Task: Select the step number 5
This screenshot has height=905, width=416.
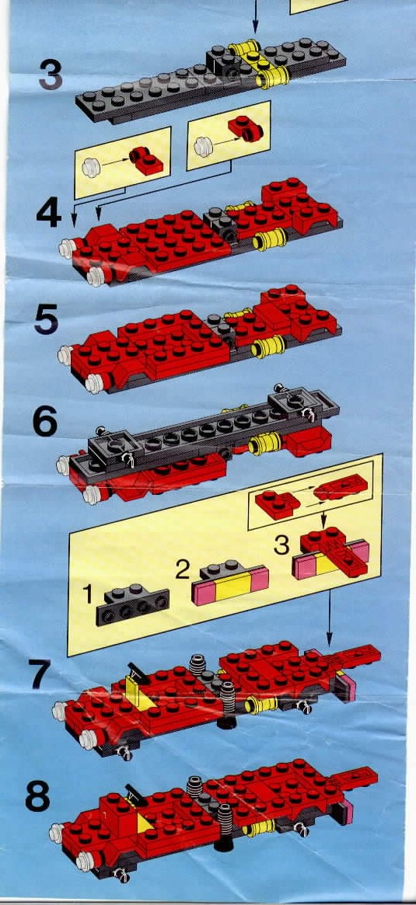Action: tap(45, 319)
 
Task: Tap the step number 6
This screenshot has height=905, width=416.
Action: tap(45, 423)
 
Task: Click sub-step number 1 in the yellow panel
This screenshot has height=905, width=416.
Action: tap(87, 594)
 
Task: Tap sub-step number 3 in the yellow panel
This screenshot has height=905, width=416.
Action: tap(281, 545)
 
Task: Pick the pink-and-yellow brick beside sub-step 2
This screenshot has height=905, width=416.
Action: tap(230, 583)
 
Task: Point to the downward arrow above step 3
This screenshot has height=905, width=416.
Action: tap(255, 16)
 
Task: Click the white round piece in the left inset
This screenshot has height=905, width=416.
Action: tap(91, 168)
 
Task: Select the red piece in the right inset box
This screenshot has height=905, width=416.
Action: tap(246, 129)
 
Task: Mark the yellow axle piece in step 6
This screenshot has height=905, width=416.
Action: tap(264, 444)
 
